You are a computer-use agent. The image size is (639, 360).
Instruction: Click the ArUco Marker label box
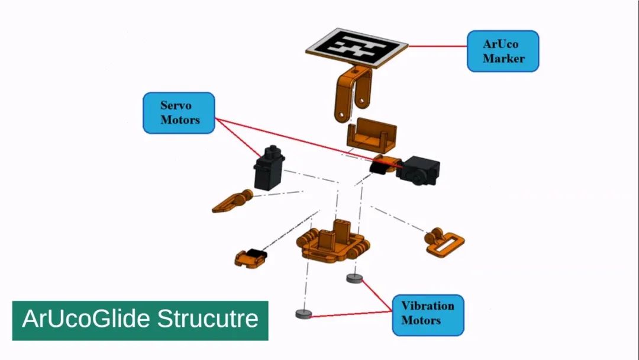point(502,52)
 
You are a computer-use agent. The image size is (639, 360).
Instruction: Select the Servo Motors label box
point(179,112)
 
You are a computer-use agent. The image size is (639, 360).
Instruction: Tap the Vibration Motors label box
point(428,314)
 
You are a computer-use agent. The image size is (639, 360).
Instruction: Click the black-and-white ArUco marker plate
point(357,47)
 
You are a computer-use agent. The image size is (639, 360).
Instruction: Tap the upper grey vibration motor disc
point(354,278)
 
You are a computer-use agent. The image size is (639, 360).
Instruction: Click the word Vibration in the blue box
point(428,306)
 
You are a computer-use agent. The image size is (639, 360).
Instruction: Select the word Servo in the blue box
point(176,105)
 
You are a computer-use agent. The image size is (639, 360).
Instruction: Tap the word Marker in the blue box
point(503,59)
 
